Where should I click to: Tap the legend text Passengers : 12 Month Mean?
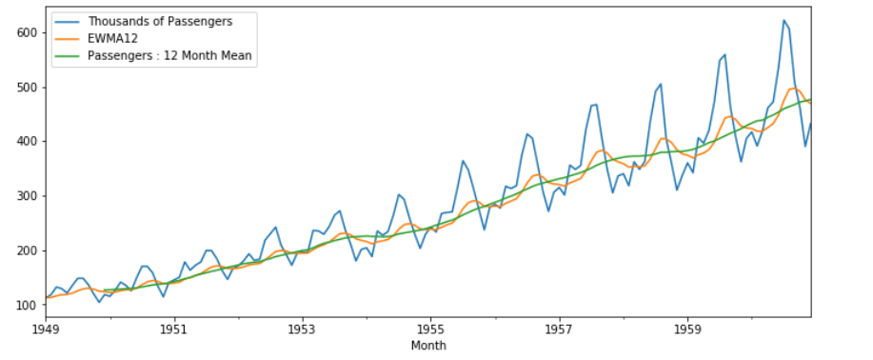[x=169, y=56]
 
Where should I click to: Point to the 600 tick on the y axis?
[x=27, y=32]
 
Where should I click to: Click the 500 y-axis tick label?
[x=27, y=88]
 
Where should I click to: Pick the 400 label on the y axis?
[x=27, y=142]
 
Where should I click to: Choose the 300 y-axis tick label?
[x=27, y=196]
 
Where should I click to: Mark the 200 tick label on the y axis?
[x=27, y=250]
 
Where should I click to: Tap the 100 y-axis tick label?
[x=27, y=306]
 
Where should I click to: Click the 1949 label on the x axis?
[x=47, y=330]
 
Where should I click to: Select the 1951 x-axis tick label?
[x=172, y=330]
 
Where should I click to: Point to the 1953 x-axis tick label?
[x=302, y=330]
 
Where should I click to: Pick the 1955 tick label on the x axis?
[x=430, y=330]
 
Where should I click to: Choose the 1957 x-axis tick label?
[x=559, y=330]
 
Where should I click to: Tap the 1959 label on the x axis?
[x=688, y=330]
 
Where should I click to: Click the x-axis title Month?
[x=428, y=346]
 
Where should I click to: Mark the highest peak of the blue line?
[x=784, y=20]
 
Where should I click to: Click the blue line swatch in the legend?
[x=67, y=21]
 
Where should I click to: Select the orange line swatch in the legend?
[x=67, y=38]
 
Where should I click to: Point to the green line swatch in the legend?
[x=67, y=56]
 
